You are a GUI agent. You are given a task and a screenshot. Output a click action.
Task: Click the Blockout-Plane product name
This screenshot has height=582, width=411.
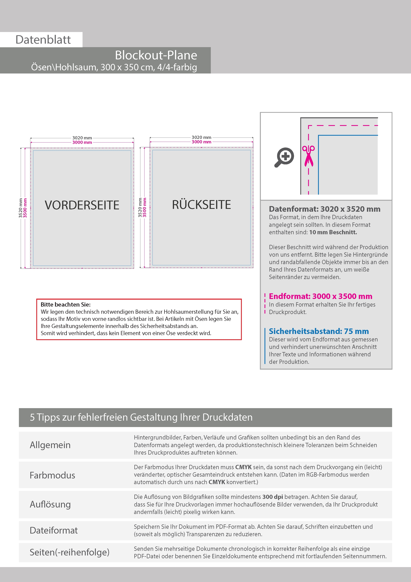point(156,55)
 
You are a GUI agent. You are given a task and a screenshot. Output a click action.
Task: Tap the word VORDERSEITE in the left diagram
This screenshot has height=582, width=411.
point(82,205)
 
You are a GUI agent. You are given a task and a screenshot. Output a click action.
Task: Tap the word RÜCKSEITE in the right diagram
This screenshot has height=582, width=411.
point(201,205)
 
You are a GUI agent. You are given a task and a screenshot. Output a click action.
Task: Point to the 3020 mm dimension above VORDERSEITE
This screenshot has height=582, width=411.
point(82,138)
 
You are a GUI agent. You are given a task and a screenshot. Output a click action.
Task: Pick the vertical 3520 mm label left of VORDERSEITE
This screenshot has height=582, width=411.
point(21,208)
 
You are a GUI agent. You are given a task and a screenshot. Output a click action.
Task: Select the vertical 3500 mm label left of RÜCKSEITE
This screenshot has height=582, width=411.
point(144,207)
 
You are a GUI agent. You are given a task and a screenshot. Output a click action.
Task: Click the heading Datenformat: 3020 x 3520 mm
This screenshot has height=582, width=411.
point(324,209)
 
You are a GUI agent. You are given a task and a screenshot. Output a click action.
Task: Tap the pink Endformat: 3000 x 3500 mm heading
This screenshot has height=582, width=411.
point(320,296)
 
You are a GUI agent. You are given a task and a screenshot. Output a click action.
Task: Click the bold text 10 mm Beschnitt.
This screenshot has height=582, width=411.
point(333,232)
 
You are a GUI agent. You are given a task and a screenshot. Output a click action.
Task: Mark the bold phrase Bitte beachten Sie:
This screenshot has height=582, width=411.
point(66,304)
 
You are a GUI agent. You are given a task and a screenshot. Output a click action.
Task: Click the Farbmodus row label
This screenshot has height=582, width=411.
point(52,475)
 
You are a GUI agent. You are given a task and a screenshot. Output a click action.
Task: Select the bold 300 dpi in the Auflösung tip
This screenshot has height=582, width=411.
point(272,497)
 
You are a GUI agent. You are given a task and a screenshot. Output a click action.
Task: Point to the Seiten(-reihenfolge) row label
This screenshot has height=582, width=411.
point(69,552)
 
